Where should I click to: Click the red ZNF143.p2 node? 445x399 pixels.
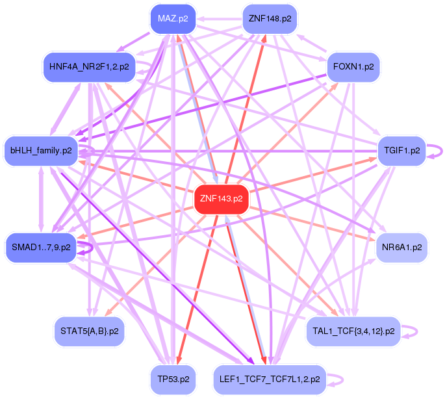pos(222,199)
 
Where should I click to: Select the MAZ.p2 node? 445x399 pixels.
pos(172,19)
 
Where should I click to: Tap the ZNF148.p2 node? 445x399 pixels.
pos(270,19)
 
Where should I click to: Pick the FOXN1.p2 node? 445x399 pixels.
pos(353,67)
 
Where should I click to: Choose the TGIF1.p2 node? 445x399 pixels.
pos(402,151)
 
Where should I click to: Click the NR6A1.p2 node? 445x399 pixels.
pos(402,248)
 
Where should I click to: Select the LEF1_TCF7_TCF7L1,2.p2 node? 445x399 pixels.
pos(270,379)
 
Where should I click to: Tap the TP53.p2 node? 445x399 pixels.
pos(172,379)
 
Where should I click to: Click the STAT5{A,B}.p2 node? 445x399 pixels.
pos(88,331)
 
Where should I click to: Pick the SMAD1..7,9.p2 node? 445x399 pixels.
pos(40,248)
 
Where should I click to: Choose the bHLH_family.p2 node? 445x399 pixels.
pos(40,151)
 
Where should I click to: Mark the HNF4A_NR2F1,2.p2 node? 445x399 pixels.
pos(88,67)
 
